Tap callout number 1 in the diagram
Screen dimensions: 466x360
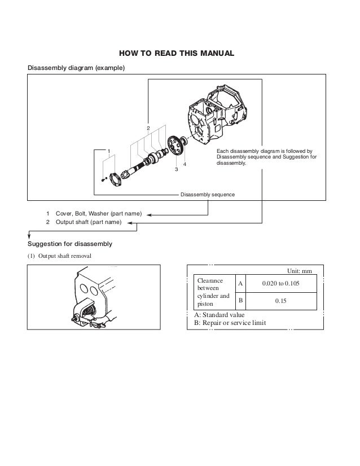tap(108, 151)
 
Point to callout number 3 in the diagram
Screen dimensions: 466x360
tap(176, 169)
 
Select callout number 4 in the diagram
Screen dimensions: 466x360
tap(185, 164)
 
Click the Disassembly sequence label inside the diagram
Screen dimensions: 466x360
tap(207, 195)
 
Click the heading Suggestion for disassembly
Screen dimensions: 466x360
tap(71, 244)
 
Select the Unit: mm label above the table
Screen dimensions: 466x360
tap(299, 270)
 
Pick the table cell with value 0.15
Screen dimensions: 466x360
tap(281, 301)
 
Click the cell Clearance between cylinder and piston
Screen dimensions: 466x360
tap(212, 292)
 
